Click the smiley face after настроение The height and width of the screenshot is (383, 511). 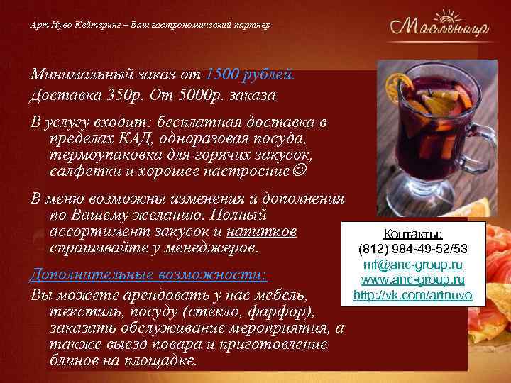tap(301, 171)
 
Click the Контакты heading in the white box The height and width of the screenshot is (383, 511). tap(413, 234)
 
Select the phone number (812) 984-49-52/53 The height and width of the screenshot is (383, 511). tap(413, 250)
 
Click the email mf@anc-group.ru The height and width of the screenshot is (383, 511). tap(413, 265)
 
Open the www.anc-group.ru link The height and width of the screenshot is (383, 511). tap(413, 279)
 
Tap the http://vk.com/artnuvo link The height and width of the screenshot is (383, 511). tap(413, 294)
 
